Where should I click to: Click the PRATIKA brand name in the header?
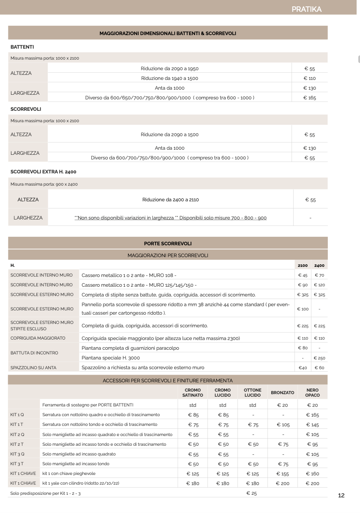(306, 9)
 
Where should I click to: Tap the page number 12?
(341, 495)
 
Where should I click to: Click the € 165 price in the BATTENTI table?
(310, 98)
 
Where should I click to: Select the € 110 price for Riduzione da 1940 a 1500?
(310, 78)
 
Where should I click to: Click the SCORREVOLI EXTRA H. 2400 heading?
(43, 172)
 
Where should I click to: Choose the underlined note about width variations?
(170, 218)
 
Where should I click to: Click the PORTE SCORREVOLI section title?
(168, 243)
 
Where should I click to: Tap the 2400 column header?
(319, 266)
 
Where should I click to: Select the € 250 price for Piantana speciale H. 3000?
(319, 358)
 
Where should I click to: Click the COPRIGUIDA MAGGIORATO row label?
(38, 338)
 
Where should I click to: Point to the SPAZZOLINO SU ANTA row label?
(33, 368)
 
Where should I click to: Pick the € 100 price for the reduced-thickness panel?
(303, 309)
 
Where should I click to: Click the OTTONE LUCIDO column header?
(253, 392)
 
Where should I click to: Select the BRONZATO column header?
(282, 393)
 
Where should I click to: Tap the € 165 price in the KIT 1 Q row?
(312, 415)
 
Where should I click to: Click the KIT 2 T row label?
(17, 444)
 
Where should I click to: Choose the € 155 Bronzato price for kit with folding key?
(283, 474)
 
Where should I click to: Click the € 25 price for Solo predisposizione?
(251, 493)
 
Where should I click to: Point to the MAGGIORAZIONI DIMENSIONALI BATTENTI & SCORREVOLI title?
(168, 33)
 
